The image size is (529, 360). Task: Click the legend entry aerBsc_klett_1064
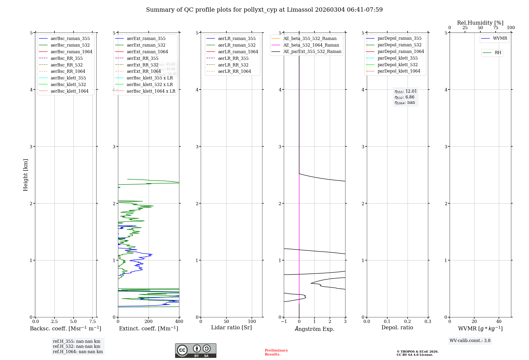click(x=70, y=91)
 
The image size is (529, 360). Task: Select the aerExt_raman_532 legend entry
click(x=146, y=45)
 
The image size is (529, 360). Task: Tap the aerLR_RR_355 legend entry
click(x=233, y=58)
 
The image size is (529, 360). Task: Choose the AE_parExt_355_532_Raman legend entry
click(x=312, y=51)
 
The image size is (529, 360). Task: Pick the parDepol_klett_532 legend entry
click(x=398, y=65)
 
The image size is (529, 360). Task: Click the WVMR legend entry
click(x=500, y=38)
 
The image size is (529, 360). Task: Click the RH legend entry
click(x=498, y=53)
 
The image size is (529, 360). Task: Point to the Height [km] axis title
click(x=25, y=175)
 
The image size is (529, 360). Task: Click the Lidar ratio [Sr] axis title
click(x=231, y=327)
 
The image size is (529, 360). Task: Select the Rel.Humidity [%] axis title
click(x=480, y=23)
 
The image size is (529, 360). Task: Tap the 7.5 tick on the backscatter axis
click(x=92, y=321)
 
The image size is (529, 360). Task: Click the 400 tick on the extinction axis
click(x=179, y=321)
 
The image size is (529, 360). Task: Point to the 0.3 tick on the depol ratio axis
click(x=428, y=321)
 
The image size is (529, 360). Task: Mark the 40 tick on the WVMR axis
click(x=499, y=321)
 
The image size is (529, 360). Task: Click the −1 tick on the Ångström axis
click(x=284, y=321)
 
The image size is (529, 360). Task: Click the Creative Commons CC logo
click(x=182, y=350)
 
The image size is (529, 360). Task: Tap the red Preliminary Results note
click(x=276, y=352)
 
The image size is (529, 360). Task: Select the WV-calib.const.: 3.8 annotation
click(x=470, y=340)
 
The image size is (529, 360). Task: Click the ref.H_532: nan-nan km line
click(x=76, y=346)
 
